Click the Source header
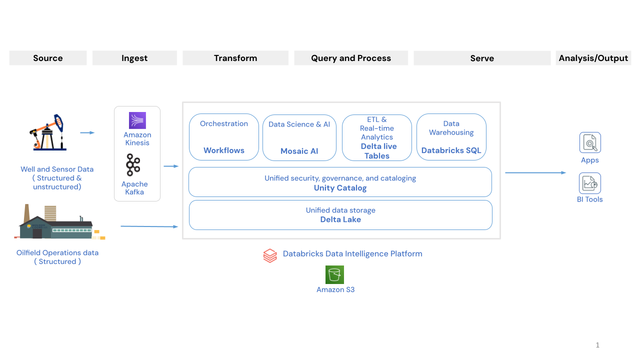48,58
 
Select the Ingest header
134,58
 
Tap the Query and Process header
351,58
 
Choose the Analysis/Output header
593,58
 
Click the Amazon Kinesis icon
137,120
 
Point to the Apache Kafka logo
133,165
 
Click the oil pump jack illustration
47,132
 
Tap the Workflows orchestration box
224,137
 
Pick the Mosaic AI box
299,137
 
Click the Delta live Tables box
377,137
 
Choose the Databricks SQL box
451,137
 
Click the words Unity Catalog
340,188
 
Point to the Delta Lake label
340,219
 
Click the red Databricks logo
270,255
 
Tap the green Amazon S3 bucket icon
334,274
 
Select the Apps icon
590,143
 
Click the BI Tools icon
590,183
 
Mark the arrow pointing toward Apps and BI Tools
535,173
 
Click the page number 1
597,345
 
